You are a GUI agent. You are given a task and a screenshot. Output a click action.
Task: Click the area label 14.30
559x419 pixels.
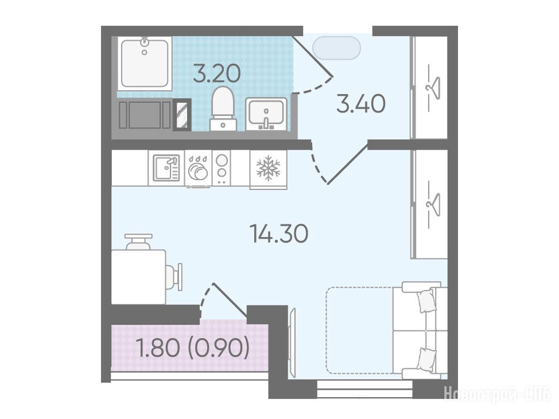[280, 234]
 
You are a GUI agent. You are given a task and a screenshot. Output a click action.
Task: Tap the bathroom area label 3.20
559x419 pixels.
[217, 73]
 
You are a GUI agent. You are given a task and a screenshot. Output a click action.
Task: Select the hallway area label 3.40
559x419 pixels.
[361, 103]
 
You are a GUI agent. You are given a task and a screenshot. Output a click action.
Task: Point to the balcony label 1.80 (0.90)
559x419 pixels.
[193, 348]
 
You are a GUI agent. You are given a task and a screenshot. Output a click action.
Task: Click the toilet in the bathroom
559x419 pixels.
[223, 109]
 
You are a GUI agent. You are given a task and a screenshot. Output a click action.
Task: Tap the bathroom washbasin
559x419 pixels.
[266, 114]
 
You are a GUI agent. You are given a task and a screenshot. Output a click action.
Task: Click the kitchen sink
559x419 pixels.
[166, 168]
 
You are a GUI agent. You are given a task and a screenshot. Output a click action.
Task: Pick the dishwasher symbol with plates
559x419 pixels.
[198, 168]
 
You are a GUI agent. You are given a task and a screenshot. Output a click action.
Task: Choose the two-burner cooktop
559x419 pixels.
[222, 168]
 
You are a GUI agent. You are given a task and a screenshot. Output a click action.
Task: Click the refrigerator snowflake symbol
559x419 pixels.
[269, 167]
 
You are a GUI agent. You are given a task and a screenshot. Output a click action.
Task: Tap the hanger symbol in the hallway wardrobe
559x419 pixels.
[433, 86]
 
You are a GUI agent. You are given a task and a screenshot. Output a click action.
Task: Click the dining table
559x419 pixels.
[139, 277]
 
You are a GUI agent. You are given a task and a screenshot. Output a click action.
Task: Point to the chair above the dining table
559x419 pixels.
[139, 241]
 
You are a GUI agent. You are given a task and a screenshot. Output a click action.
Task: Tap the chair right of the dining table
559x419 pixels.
[174, 278]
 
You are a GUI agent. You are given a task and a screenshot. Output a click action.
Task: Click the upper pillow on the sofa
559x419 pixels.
[427, 300]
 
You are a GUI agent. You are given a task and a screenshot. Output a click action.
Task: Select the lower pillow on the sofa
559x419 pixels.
[427, 360]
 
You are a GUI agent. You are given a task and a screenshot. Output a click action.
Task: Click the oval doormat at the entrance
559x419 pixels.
[336, 48]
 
